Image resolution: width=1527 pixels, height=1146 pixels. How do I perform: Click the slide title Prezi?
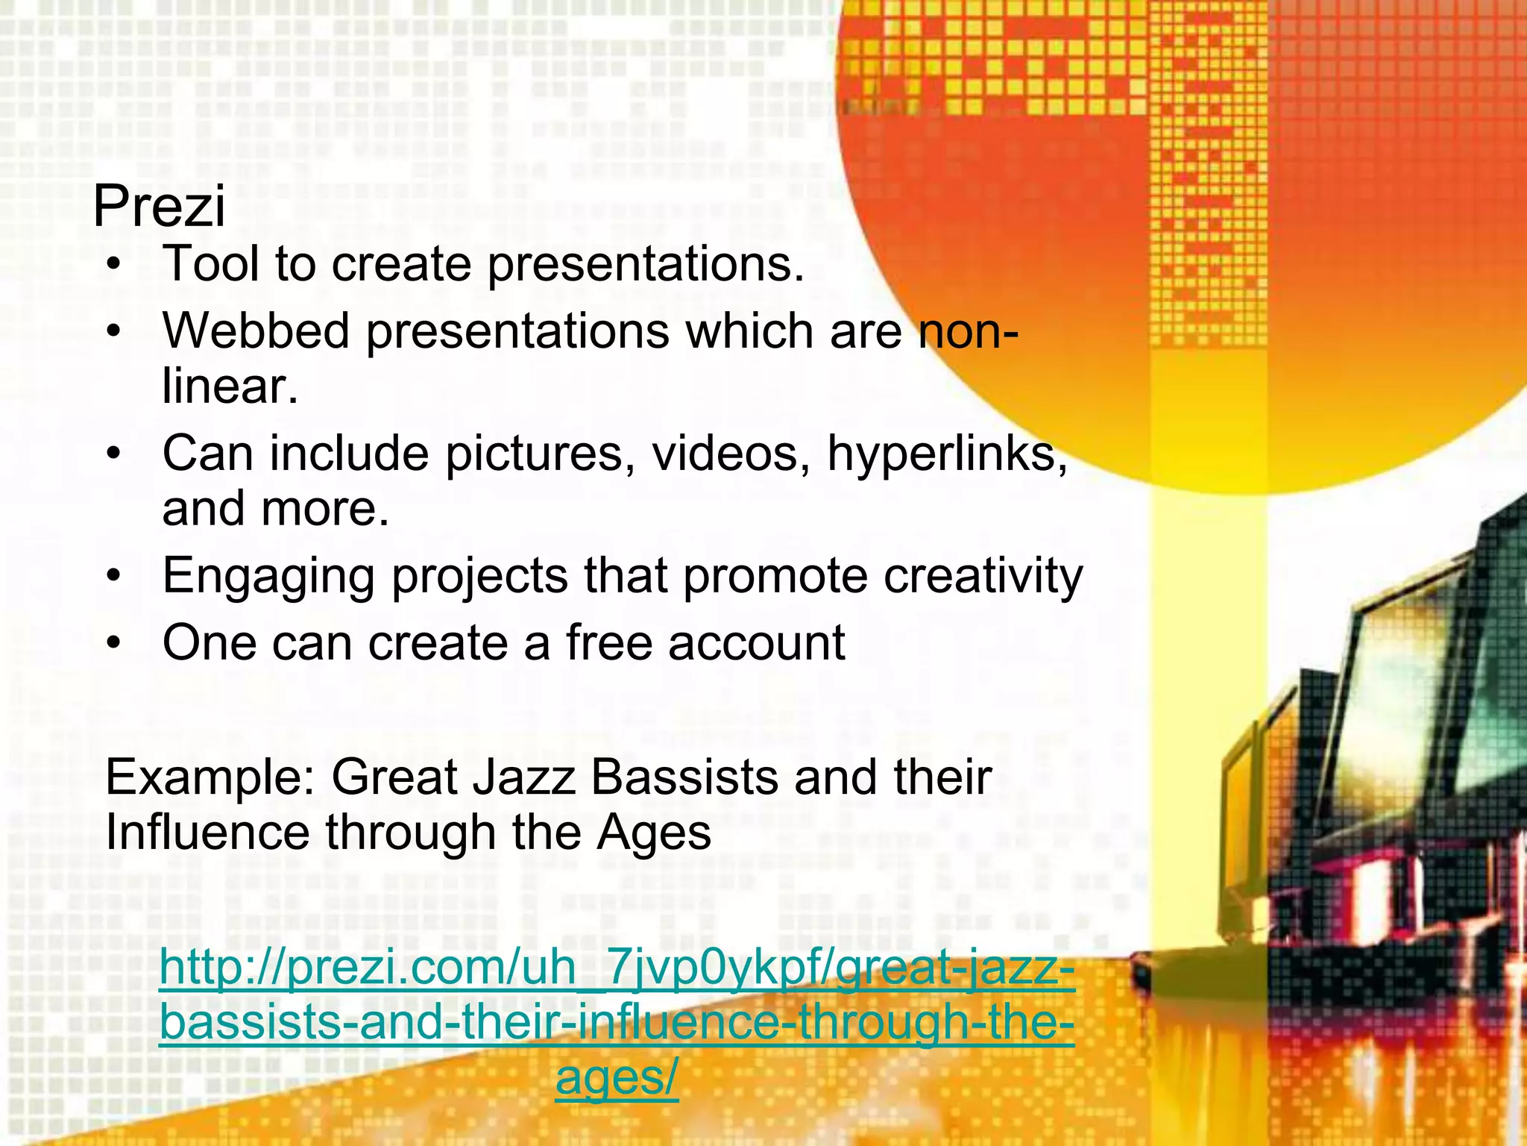click(159, 207)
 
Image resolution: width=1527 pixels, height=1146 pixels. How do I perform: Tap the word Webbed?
click(256, 331)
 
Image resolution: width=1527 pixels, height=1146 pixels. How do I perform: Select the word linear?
click(230, 386)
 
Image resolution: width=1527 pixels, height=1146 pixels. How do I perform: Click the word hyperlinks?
click(948, 454)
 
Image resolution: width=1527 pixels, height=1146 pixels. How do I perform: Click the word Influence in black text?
click(207, 833)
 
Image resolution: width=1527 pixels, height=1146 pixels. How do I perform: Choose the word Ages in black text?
click(653, 834)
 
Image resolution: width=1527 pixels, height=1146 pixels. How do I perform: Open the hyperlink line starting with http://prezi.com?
click(617, 968)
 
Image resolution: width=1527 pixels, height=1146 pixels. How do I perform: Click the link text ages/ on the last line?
click(617, 1079)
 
